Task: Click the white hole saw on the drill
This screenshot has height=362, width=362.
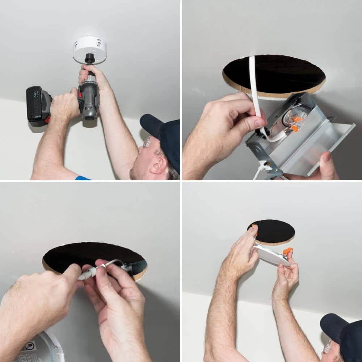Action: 89,49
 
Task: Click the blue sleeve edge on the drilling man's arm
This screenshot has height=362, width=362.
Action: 83,178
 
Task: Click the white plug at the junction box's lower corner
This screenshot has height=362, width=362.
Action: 266,167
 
